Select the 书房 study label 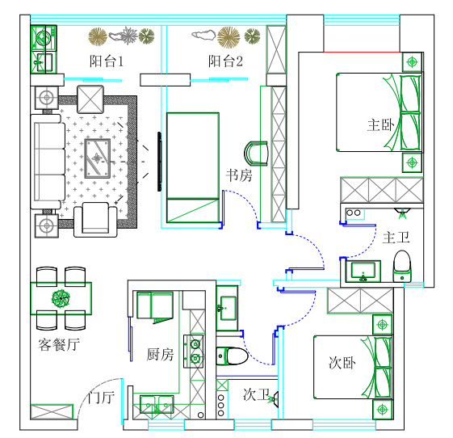click(239, 175)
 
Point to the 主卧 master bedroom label click(380, 125)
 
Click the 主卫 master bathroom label click(396, 238)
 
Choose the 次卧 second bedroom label click(342, 363)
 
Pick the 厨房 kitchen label click(160, 354)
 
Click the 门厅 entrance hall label click(101, 397)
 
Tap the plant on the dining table click(61, 297)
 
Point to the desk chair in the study click(256, 154)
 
